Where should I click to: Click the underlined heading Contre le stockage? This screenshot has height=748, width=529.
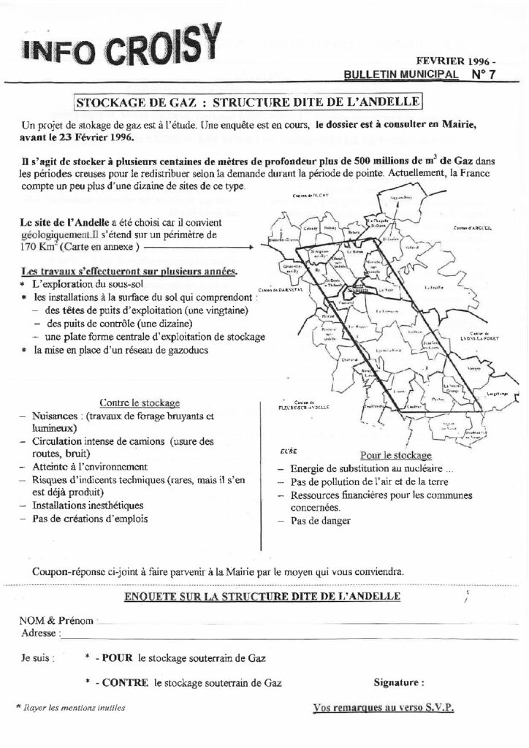138,403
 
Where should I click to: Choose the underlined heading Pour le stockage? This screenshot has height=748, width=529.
385,454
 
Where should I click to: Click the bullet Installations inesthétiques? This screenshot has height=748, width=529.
87,505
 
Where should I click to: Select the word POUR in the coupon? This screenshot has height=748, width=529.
117,657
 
